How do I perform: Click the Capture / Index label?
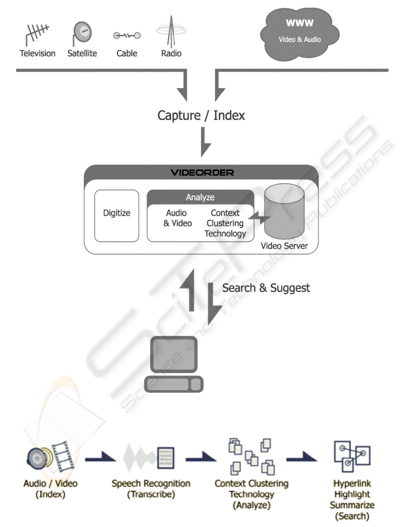point(201,115)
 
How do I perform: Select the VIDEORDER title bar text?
point(202,173)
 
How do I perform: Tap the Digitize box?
point(116,216)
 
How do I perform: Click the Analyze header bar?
point(200,197)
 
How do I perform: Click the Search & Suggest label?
point(266,288)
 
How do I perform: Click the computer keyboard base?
point(173,385)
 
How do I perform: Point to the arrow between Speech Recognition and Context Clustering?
point(200,458)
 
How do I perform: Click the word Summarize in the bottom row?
point(352,505)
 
